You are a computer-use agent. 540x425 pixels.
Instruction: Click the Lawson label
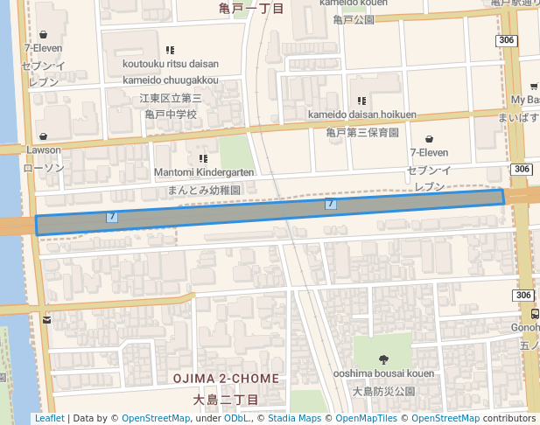(x=44, y=150)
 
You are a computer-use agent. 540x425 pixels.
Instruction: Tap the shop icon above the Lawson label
(x=43, y=136)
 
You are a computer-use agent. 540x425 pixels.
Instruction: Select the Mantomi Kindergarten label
(x=203, y=173)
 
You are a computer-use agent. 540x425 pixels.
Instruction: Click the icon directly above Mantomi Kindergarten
(x=203, y=159)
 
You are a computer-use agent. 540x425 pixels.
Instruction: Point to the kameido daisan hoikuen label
(x=361, y=115)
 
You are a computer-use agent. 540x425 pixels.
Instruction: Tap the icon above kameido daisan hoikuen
(x=361, y=101)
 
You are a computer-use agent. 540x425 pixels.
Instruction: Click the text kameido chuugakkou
(x=171, y=80)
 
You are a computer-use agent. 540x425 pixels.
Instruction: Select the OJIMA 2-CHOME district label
(x=226, y=379)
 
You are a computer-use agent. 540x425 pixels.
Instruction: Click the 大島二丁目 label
(x=226, y=400)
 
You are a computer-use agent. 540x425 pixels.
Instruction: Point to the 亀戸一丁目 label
(x=252, y=9)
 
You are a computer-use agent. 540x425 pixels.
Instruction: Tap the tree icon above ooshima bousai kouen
(x=382, y=359)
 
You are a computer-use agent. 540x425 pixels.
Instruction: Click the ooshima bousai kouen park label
(x=383, y=373)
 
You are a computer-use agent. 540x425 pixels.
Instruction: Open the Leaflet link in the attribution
(x=49, y=419)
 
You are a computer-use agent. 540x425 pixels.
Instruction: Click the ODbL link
(x=235, y=419)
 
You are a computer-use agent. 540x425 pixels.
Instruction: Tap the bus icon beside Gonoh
(x=534, y=314)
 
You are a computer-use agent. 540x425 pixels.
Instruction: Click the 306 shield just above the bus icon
(x=523, y=296)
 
